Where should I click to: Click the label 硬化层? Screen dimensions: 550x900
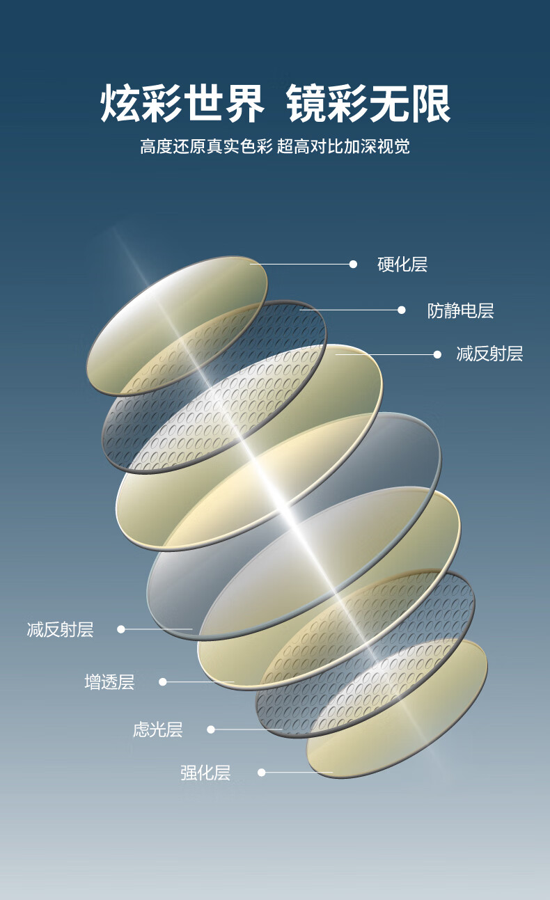(x=402, y=265)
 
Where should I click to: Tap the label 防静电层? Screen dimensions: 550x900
(x=460, y=310)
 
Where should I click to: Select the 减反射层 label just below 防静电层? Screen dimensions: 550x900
(x=489, y=354)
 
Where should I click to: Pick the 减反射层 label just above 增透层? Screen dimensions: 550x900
(x=60, y=630)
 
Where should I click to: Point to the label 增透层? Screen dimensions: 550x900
(x=109, y=682)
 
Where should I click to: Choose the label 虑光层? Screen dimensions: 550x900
(x=157, y=729)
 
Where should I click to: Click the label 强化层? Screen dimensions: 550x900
(x=205, y=773)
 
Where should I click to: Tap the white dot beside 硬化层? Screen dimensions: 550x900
(x=353, y=265)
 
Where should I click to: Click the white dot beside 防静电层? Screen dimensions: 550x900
(x=401, y=310)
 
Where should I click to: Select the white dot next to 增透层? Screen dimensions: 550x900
(x=163, y=682)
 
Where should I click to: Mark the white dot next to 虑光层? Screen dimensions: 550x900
(x=211, y=729)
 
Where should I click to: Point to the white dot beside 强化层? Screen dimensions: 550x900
(x=262, y=773)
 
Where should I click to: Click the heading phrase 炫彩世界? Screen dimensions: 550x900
(x=182, y=104)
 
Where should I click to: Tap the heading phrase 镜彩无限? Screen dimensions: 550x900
(x=368, y=104)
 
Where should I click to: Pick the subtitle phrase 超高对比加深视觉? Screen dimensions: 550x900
(x=343, y=146)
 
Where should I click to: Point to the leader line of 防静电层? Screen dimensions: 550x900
(x=352, y=310)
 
